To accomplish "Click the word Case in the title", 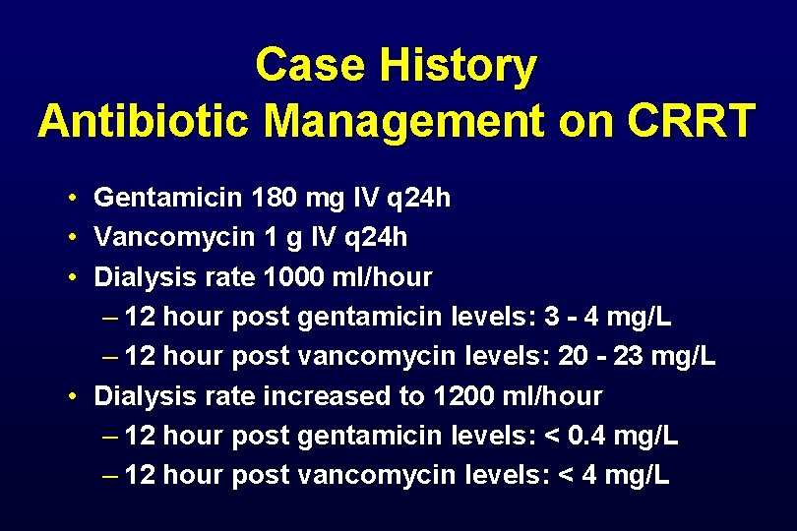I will pos(311,66).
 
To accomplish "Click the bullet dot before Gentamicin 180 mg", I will pos(74,200).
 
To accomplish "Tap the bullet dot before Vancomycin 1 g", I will pos(74,239).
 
